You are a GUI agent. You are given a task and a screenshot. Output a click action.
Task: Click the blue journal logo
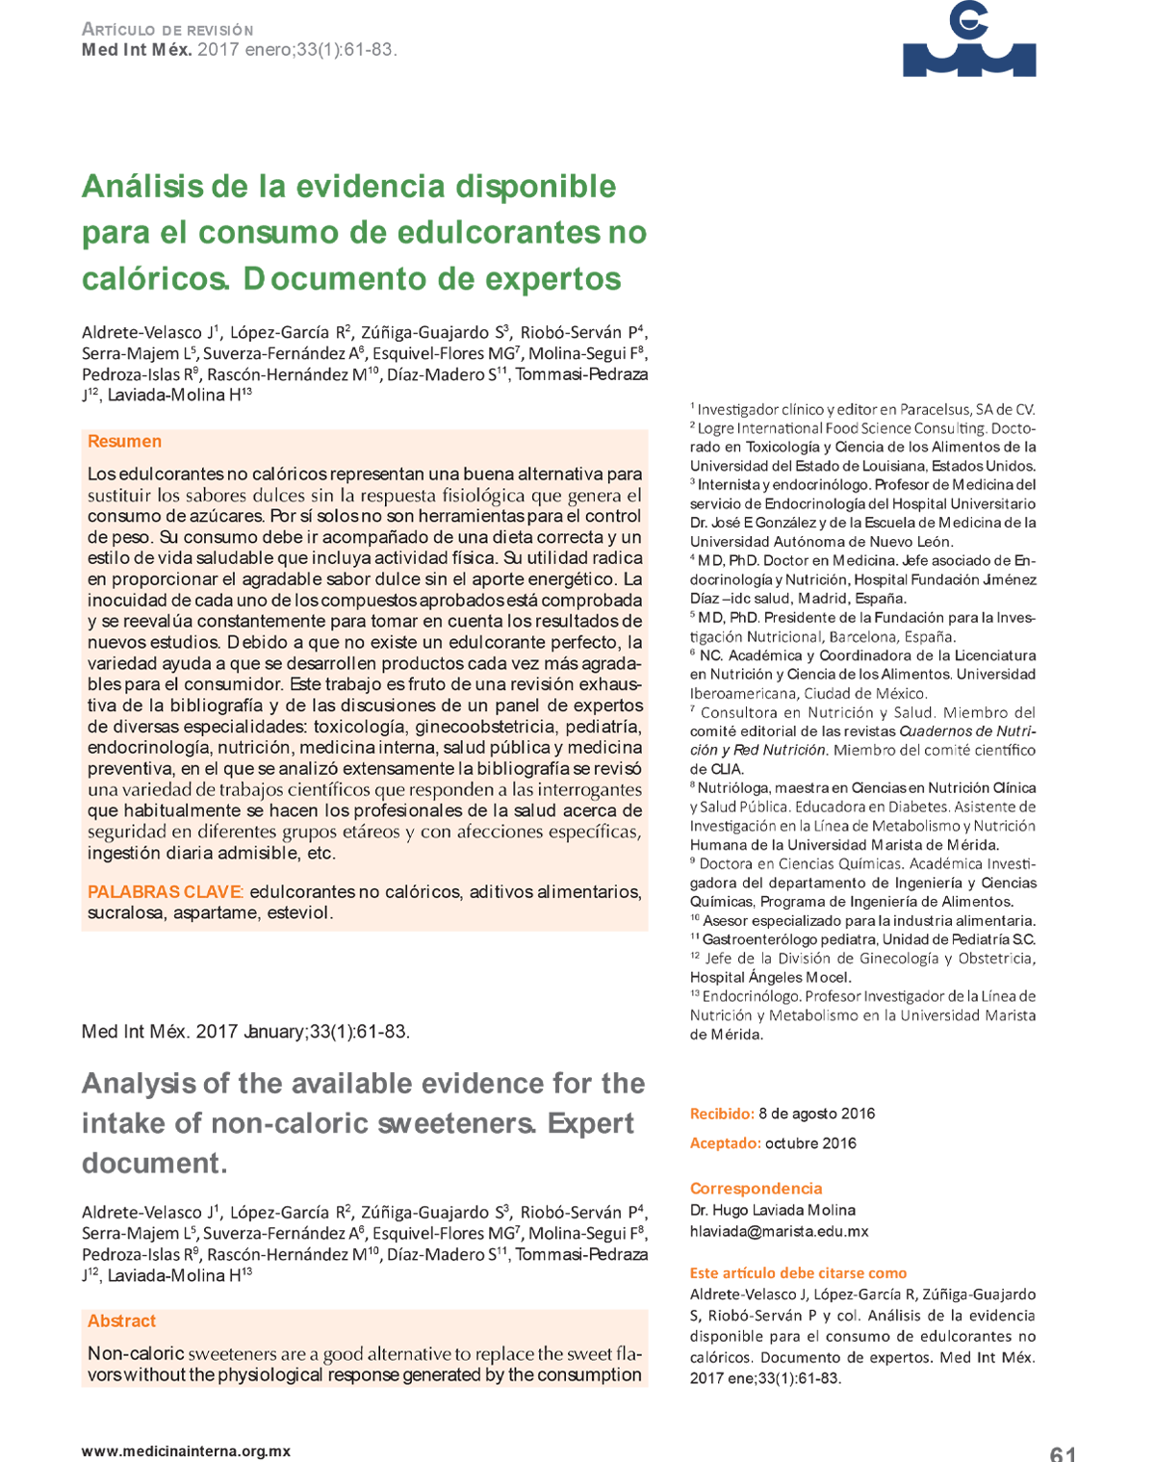tap(968, 41)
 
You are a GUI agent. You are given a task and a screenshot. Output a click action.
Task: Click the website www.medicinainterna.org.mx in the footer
tap(186, 1450)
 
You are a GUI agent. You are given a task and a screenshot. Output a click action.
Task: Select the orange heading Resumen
tap(124, 442)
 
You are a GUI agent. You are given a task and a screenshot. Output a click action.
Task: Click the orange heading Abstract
tap(121, 1321)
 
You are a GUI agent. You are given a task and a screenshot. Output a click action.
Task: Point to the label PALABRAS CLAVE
tap(165, 892)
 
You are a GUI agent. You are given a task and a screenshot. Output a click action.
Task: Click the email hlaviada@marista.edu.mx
tap(779, 1231)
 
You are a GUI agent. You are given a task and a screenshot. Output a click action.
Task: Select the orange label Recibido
tap(721, 1114)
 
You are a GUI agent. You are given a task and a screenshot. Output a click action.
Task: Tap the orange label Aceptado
tap(724, 1143)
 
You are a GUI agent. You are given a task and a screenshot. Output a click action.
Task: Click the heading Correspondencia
tap(756, 1189)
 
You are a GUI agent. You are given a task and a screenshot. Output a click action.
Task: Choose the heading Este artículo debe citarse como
tap(798, 1272)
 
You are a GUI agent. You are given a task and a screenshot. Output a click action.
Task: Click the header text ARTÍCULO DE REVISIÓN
tap(167, 30)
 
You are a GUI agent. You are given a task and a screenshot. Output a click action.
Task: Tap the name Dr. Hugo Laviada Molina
tap(772, 1210)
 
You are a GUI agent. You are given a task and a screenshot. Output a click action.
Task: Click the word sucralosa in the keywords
tap(125, 912)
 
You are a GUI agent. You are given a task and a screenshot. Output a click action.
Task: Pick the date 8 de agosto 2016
tap(816, 1114)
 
